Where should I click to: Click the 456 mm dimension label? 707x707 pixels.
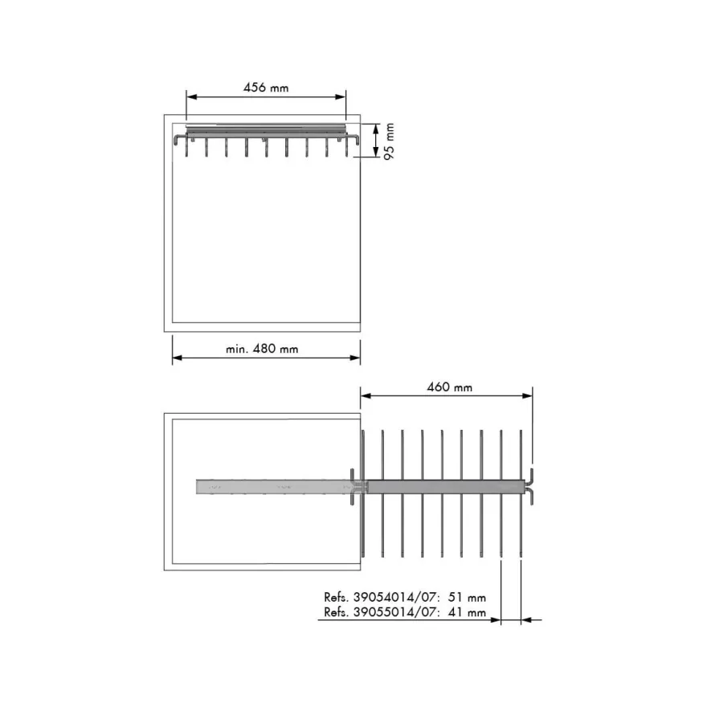point(266,88)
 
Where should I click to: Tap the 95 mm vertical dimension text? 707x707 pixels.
point(389,141)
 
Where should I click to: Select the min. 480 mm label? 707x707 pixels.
point(262,349)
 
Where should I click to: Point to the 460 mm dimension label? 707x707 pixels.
point(450,387)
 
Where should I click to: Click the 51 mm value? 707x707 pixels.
point(467,598)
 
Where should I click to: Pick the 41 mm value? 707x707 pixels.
point(467,612)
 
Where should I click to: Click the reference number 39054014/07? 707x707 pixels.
point(395,598)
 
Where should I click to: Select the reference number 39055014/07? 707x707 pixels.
point(395,612)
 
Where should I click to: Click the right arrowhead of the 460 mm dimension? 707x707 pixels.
point(527,396)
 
